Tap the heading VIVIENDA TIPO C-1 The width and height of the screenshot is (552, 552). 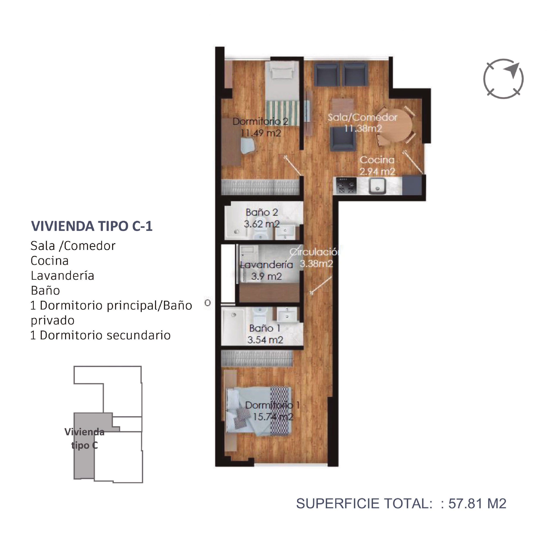(92, 226)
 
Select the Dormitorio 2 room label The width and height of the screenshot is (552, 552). (260, 121)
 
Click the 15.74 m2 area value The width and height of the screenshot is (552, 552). (273, 417)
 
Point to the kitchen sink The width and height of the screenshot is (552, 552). (377, 186)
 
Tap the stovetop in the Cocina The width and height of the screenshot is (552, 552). (346, 186)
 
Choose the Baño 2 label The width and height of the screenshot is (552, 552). (262, 212)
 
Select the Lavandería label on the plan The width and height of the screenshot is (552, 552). (267, 265)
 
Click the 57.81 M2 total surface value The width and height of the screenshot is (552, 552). (477, 503)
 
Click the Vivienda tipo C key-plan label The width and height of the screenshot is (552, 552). (84, 438)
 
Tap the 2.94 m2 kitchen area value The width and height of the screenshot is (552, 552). (377, 171)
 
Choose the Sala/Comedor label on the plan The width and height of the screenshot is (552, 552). (362, 117)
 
